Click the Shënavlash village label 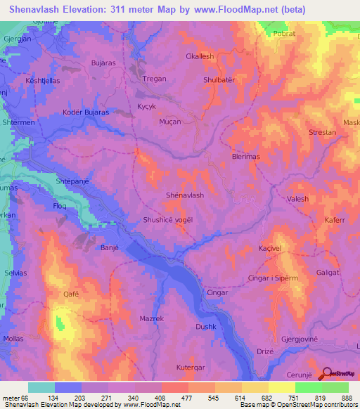click(184, 195)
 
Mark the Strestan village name click(323, 132)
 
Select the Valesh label click(298, 200)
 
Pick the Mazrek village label click(151, 318)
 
